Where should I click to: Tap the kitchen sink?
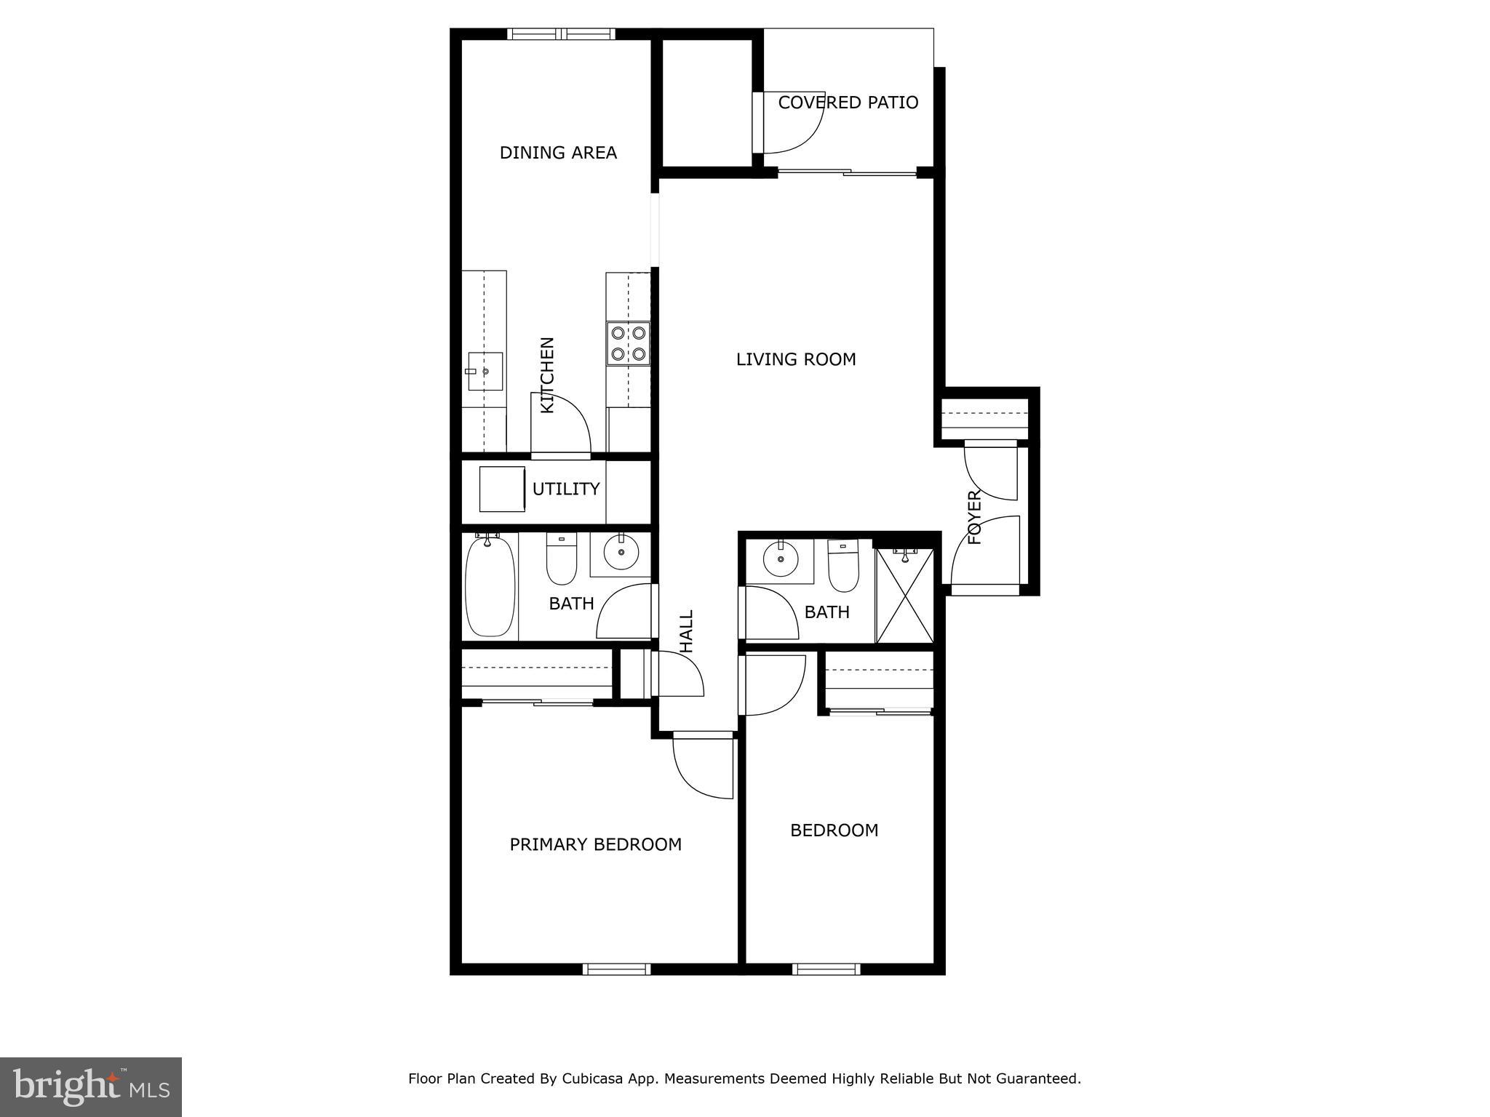pyautogui.click(x=485, y=372)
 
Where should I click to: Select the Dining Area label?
pyautogui.click(x=558, y=153)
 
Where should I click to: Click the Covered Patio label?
pyautogui.click(x=848, y=103)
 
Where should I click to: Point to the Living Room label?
pyautogui.click(x=796, y=359)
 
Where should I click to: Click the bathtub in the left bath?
pyautogui.click(x=490, y=587)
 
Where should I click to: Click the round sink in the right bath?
pyautogui.click(x=781, y=560)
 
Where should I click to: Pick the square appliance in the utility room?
pyautogui.click(x=502, y=489)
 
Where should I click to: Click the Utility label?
pyautogui.click(x=566, y=489)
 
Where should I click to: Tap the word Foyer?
pyautogui.click(x=975, y=518)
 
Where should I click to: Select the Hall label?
pyautogui.click(x=686, y=630)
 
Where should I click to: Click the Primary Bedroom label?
pyautogui.click(x=595, y=844)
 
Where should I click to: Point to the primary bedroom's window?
pyautogui.click(x=616, y=969)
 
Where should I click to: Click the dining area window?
pyautogui.click(x=561, y=33)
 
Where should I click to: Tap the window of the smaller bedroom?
pyautogui.click(x=826, y=969)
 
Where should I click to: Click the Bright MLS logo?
pyautogui.click(x=91, y=1086)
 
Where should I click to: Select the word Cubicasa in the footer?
pyautogui.click(x=591, y=1078)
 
